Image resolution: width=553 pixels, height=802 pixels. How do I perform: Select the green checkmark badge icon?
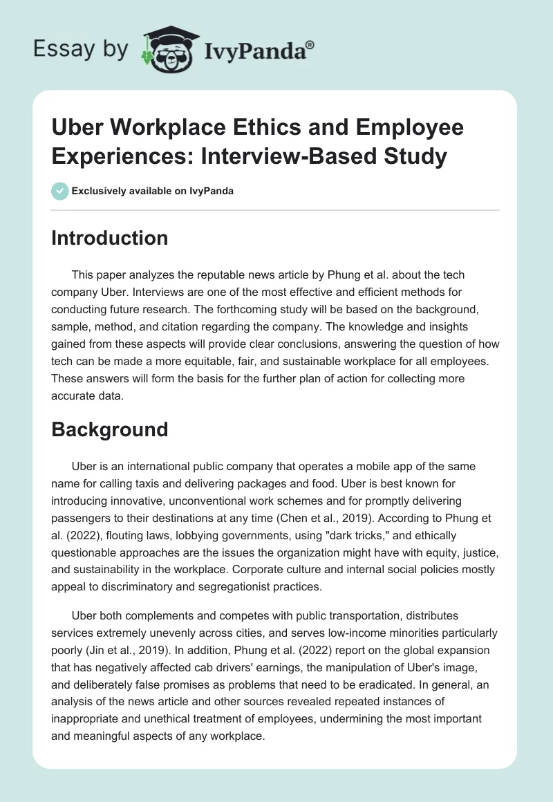(60, 192)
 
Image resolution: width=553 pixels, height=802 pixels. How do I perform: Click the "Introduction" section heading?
(110, 238)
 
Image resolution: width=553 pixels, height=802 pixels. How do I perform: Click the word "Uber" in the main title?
(77, 128)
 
